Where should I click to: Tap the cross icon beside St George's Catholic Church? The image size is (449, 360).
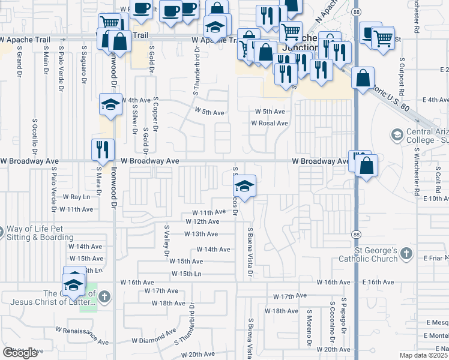(407, 254)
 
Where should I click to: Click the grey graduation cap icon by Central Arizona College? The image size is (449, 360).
(396, 134)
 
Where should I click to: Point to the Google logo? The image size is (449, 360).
(20, 353)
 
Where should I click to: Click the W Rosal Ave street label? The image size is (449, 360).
(270, 123)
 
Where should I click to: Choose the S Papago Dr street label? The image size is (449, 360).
(345, 317)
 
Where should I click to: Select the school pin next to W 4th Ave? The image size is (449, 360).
(110, 105)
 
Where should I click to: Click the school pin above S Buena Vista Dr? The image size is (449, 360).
(245, 186)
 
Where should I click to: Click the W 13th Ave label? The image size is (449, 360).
(201, 234)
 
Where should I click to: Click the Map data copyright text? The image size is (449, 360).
(424, 355)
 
